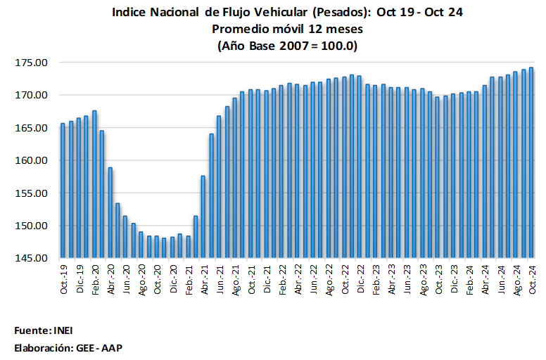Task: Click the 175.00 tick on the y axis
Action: [x=33, y=63]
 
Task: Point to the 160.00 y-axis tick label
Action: [x=33, y=160]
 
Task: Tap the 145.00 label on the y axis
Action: [x=33, y=258]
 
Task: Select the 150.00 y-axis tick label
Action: [x=33, y=226]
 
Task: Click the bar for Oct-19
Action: [x=63, y=191]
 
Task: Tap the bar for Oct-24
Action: [x=531, y=162]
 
